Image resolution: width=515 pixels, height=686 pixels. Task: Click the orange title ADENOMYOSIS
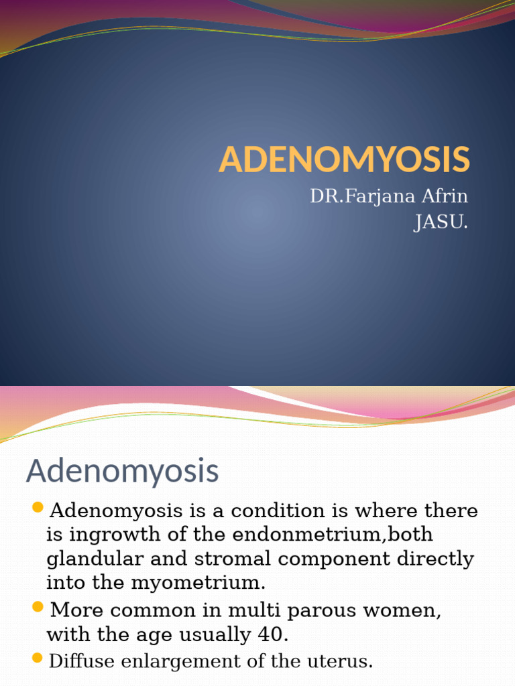click(345, 159)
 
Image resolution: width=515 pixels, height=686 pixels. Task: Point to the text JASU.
click(441, 222)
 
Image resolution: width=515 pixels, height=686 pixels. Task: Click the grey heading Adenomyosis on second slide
click(122, 471)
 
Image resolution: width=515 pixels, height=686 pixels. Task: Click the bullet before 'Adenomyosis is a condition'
click(38, 507)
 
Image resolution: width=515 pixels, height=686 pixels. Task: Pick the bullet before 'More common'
click(38, 608)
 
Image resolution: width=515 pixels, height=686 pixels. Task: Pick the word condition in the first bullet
click(264, 510)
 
